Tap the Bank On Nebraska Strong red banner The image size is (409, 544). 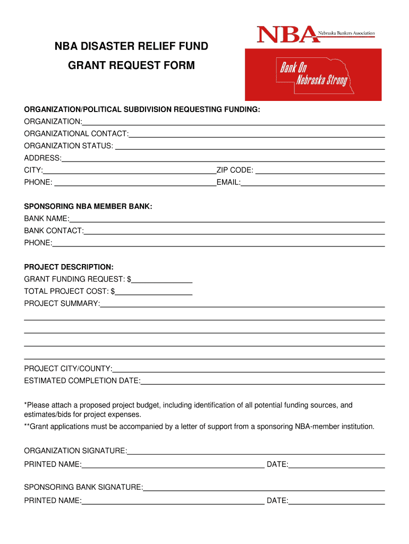(313, 74)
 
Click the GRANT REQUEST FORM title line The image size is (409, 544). (132, 65)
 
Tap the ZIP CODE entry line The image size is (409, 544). (320, 171)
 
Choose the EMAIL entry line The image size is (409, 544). (313, 183)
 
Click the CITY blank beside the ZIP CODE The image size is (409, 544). (130, 171)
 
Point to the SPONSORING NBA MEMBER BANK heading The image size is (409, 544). (88, 206)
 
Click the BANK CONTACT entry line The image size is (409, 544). (234, 232)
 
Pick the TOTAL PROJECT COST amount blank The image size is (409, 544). (154, 292)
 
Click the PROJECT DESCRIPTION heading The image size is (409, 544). (69, 267)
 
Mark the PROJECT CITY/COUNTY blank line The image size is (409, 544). (249, 369)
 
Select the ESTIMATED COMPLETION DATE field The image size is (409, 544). (263, 381)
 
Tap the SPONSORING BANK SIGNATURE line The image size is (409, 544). (264, 488)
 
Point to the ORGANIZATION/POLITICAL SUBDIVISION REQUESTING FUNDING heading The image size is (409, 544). (142, 109)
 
